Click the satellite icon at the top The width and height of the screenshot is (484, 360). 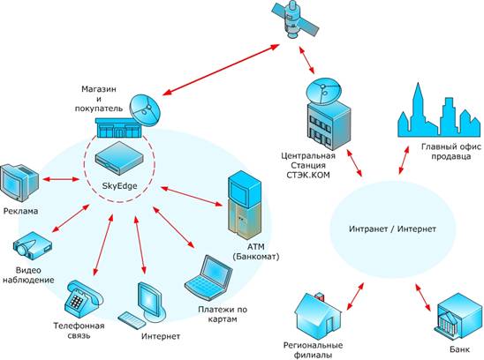click(x=295, y=20)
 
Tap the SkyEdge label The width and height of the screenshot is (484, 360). click(x=120, y=185)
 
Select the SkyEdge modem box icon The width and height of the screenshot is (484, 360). click(x=119, y=158)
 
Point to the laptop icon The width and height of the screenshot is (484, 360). click(x=208, y=278)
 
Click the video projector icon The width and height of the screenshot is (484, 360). click(x=33, y=246)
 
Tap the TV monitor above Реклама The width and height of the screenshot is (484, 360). click(x=19, y=183)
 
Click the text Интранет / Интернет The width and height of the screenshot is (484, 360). click(x=392, y=229)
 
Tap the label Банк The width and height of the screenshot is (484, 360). click(x=459, y=349)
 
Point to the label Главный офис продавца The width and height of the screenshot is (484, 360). click(x=451, y=151)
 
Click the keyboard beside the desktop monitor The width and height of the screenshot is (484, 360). click(x=132, y=320)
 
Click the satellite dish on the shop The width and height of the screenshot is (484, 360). click(x=145, y=110)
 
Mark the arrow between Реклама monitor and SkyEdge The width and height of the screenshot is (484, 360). click(x=61, y=179)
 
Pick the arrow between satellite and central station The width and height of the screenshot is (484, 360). click(x=306, y=60)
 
